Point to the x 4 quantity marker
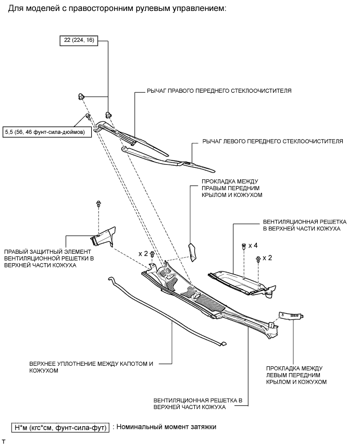254,245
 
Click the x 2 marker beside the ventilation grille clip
268,258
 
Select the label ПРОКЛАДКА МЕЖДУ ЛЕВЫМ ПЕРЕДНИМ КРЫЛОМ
296,375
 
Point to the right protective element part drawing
103,236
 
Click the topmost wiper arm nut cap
81,95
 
